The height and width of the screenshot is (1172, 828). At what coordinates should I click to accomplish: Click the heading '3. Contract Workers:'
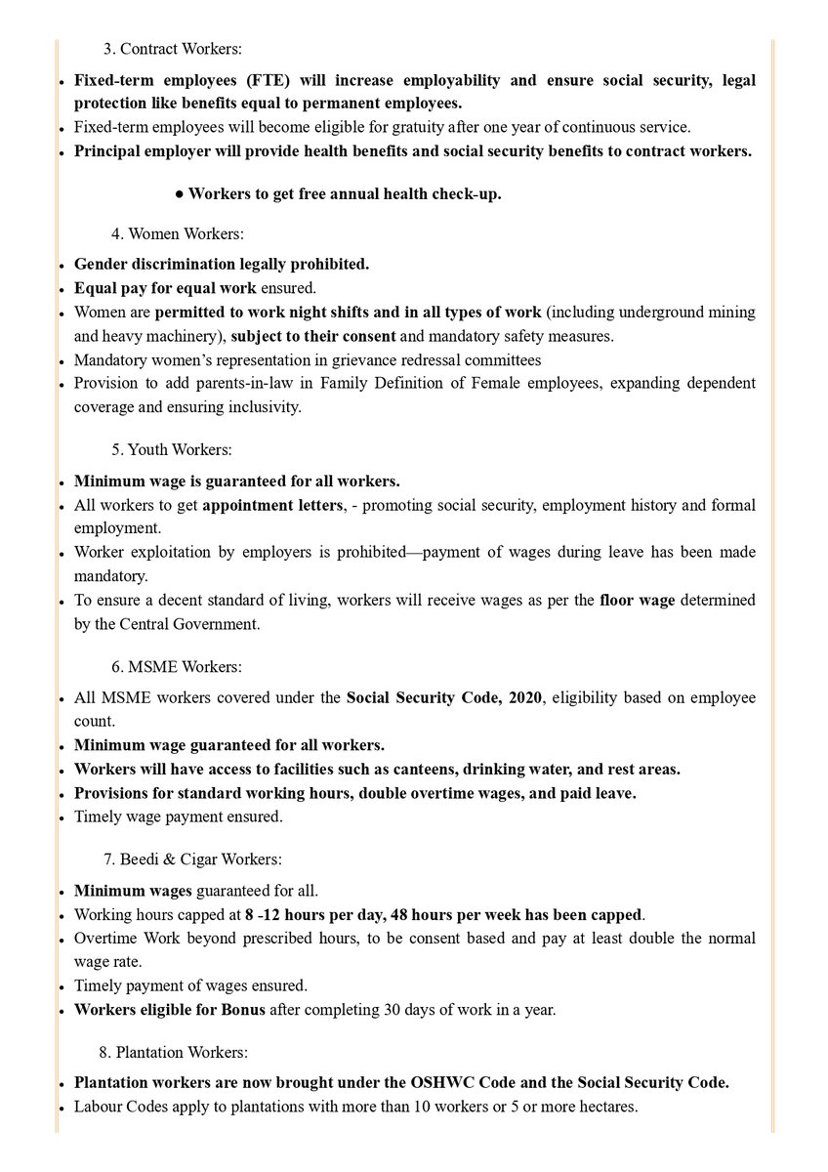pyautogui.click(x=172, y=48)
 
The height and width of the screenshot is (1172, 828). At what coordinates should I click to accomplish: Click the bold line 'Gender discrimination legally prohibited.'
pyautogui.click(x=222, y=264)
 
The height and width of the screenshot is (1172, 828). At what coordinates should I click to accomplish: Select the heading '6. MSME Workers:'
pyautogui.click(x=176, y=667)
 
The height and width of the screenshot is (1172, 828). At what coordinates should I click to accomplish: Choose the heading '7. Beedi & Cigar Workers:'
pyautogui.click(x=192, y=859)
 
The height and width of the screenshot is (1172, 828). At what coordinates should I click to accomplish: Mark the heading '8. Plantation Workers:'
pyautogui.click(x=173, y=1053)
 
